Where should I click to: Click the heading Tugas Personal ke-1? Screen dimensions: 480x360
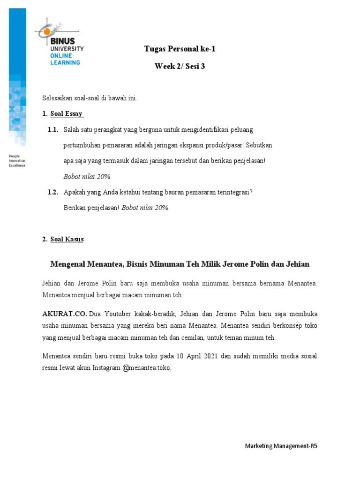tap(180, 49)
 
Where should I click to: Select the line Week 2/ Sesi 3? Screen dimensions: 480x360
tap(180, 66)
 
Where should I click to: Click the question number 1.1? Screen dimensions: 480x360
tap(52, 129)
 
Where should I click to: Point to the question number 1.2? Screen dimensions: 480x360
tap(52, 192)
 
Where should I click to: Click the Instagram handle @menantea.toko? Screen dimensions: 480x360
tap(147, 368)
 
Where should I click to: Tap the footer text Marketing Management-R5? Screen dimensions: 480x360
tap(281, 446)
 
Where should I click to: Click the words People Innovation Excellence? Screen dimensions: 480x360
tap(17, 160)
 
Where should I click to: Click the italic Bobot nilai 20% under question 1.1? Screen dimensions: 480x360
tap(87, 176)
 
